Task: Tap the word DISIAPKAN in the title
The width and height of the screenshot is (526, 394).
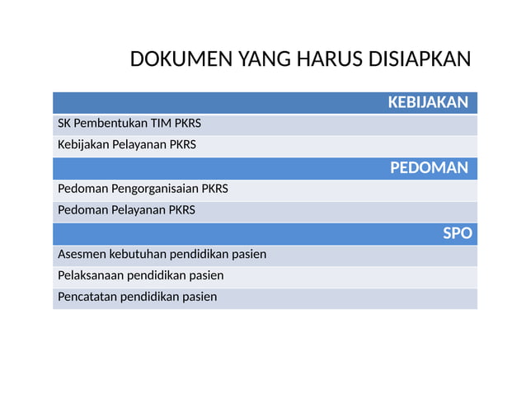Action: click(418, 60)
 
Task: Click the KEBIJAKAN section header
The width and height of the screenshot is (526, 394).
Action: click(428, 102)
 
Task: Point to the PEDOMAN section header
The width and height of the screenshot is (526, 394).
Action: click(429, 168)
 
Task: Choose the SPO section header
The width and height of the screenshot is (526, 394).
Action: click(458, 233)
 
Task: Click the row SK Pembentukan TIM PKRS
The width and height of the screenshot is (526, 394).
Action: click(129, 124)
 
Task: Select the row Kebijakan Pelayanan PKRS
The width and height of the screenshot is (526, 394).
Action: click(127, 146)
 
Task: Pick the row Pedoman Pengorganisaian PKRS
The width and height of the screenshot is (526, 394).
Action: click(143, 189)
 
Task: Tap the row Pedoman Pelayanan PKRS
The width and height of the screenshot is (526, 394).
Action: click(126, 210)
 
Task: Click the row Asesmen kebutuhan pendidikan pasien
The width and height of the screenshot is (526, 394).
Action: click(162, 254)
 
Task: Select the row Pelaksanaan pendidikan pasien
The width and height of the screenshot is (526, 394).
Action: click(140, 275)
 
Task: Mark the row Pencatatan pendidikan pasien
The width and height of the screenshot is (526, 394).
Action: click(137, 297)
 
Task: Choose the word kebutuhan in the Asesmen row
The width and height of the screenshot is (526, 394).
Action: click(138, 254)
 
